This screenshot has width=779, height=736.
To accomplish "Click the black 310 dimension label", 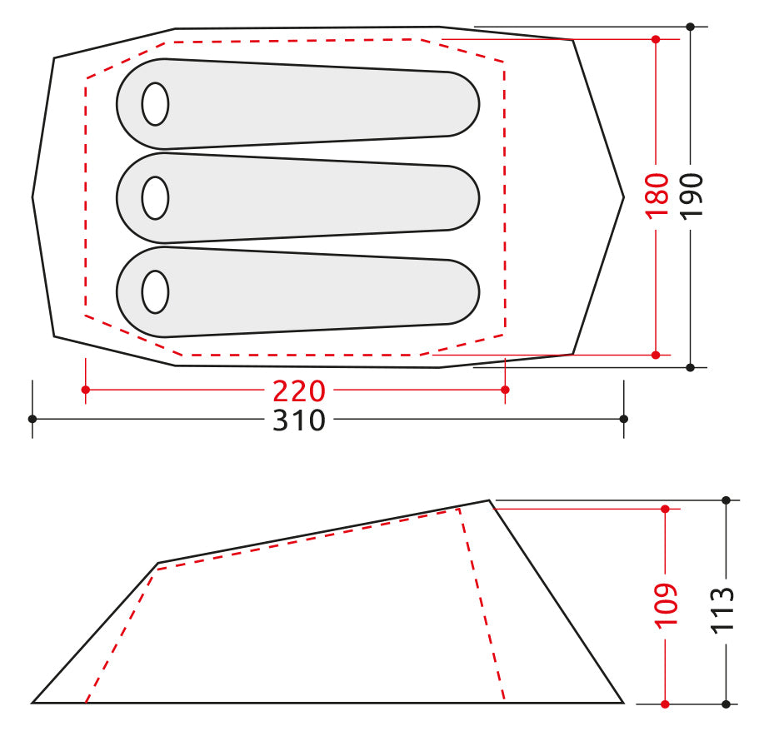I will point(298,420).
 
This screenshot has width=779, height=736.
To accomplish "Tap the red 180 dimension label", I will point(657,195).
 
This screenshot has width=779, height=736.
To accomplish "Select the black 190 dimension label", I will point(692,195).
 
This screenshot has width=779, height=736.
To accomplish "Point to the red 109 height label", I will point(666,604).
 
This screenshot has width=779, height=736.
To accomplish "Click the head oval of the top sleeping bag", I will point(155,105).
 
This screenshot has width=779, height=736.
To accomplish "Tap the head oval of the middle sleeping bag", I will point(155,198).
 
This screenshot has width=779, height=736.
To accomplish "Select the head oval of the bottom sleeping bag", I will point(155,292).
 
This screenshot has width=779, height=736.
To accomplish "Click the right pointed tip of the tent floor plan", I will point(622,197).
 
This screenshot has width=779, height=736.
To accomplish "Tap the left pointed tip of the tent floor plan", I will point(33,197).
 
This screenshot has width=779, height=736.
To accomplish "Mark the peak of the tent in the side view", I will point(489,501).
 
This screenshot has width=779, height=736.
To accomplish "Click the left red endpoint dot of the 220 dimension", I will point(85,390).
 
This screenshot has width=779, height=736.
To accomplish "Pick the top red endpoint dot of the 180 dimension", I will point(656,39).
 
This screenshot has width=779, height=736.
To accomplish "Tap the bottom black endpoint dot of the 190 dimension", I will point(691,366).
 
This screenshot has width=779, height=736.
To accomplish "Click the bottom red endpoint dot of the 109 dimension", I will point(665,704).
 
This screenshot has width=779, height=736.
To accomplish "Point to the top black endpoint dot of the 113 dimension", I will point(726,500).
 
